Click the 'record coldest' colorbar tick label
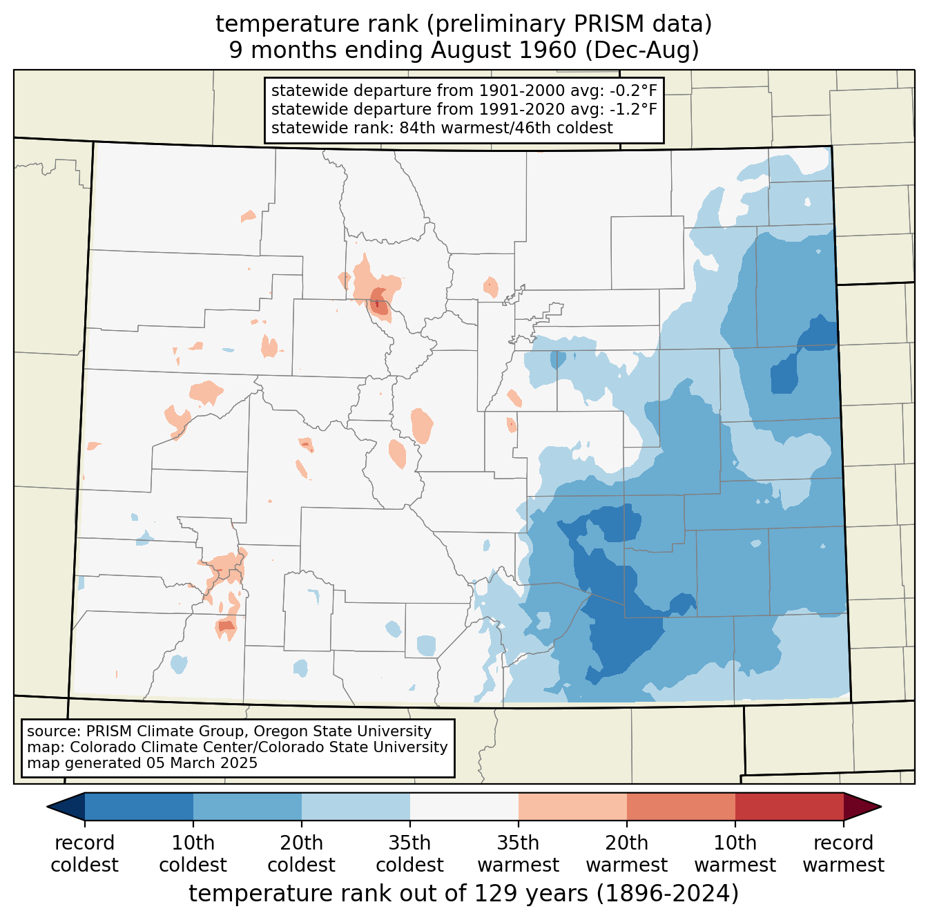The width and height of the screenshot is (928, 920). pyautogui.click(x=84, y=854)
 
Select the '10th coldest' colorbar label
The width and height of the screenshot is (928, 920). pyautogui.click(x=193, y=854)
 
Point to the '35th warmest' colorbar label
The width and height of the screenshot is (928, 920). pyautogui.click(x=518, y=854)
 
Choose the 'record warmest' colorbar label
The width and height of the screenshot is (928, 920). pyautogui.click(x=843, y=854)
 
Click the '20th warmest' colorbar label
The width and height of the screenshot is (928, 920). pyautogui.click(x=626, y=854)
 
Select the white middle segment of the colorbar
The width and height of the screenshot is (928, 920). pyautogui.click(x=464, y=806)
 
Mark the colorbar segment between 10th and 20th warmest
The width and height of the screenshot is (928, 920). pyautogui.click(x=681, y=806)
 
